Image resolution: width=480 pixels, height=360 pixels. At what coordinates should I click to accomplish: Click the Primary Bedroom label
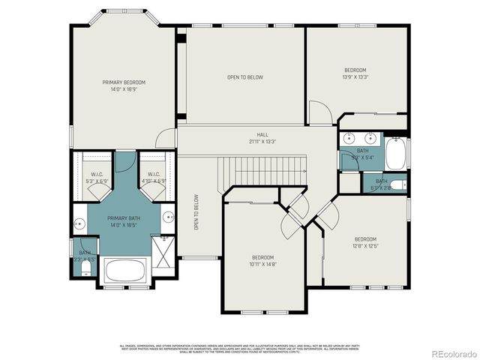click(x=124, y=82)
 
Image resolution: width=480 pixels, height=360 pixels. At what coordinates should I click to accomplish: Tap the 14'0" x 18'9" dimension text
click(x=124, y=88)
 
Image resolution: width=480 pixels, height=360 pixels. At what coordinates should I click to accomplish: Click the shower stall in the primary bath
click(x=162, y=247)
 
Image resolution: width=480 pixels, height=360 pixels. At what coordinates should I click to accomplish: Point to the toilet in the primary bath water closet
click(x=85, y=266)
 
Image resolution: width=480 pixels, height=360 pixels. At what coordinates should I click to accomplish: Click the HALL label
click(x=262, y=135)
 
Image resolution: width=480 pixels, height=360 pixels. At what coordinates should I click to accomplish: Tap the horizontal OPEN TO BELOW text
click(x=245, y=77)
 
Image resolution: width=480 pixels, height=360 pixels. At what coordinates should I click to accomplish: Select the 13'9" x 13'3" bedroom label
click(x=355, y=73)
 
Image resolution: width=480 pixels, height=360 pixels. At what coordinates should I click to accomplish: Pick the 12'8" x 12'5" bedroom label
click(x=365, y=242)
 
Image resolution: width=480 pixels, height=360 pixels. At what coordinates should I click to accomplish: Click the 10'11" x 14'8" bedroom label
click(x=263, y=260)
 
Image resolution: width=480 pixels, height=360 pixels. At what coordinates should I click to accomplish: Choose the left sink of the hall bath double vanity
click(x=350, y=139)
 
